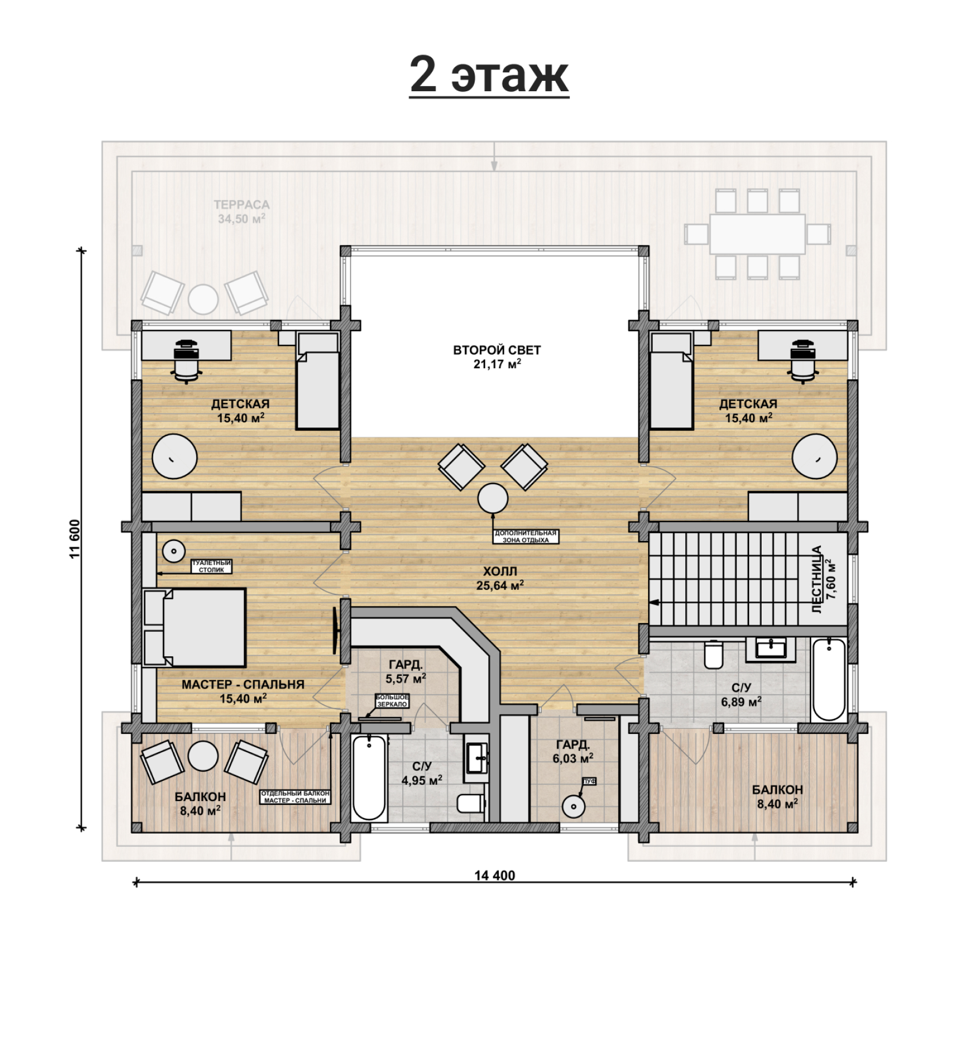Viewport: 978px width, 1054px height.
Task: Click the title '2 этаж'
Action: click(489, 75)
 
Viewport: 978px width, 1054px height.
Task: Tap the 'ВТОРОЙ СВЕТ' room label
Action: click(497, 350)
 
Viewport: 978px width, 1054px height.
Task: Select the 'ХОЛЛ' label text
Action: click(500, 571)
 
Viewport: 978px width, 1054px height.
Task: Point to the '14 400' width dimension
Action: click(495, 876)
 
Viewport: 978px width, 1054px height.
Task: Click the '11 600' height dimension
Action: click(75, 539)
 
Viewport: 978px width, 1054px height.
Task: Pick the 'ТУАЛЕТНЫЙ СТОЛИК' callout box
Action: click(211, 567)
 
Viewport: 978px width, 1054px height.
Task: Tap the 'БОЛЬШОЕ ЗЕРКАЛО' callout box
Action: click(392, 701)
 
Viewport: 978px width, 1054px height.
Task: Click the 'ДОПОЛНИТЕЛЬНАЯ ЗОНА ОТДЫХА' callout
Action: click(526, 536)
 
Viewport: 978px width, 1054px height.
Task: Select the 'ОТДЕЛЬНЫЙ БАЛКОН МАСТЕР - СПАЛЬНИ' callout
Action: click(295, 797)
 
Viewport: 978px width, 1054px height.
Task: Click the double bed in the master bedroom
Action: click(195, 627)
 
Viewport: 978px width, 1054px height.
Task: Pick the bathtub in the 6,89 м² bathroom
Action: click(829, 679)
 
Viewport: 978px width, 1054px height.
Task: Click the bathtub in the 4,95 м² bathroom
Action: click(368, 778)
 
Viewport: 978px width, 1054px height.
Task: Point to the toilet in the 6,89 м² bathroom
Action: click(713, 655)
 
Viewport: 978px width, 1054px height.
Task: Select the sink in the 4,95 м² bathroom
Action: click(477, 759)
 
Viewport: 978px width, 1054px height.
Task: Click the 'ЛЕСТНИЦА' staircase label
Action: click(817, 579)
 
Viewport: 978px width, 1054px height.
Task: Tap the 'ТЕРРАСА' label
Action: click(242, 205)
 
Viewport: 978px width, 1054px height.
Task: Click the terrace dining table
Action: click(757, 234)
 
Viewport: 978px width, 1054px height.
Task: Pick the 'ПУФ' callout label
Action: click(589, 781)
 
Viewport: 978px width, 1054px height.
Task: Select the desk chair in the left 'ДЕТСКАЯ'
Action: click(187, 360)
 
